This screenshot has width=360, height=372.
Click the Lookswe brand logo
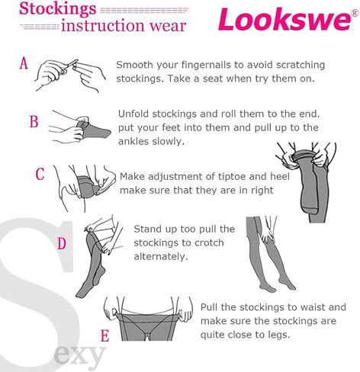(284, 19)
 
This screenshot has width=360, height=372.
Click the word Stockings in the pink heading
(58, 9)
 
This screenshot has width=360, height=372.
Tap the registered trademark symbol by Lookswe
(355, 13)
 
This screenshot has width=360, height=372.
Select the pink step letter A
(24, 63)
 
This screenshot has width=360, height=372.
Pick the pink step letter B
(34, 121)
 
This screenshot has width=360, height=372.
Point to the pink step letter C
(40, 174)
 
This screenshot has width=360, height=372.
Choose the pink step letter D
(62, 243)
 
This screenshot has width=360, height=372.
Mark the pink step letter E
(104, 335)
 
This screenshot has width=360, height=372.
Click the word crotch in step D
(209, 242)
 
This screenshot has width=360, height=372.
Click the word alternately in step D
(161, 257)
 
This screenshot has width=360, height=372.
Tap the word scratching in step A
(301, 66)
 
